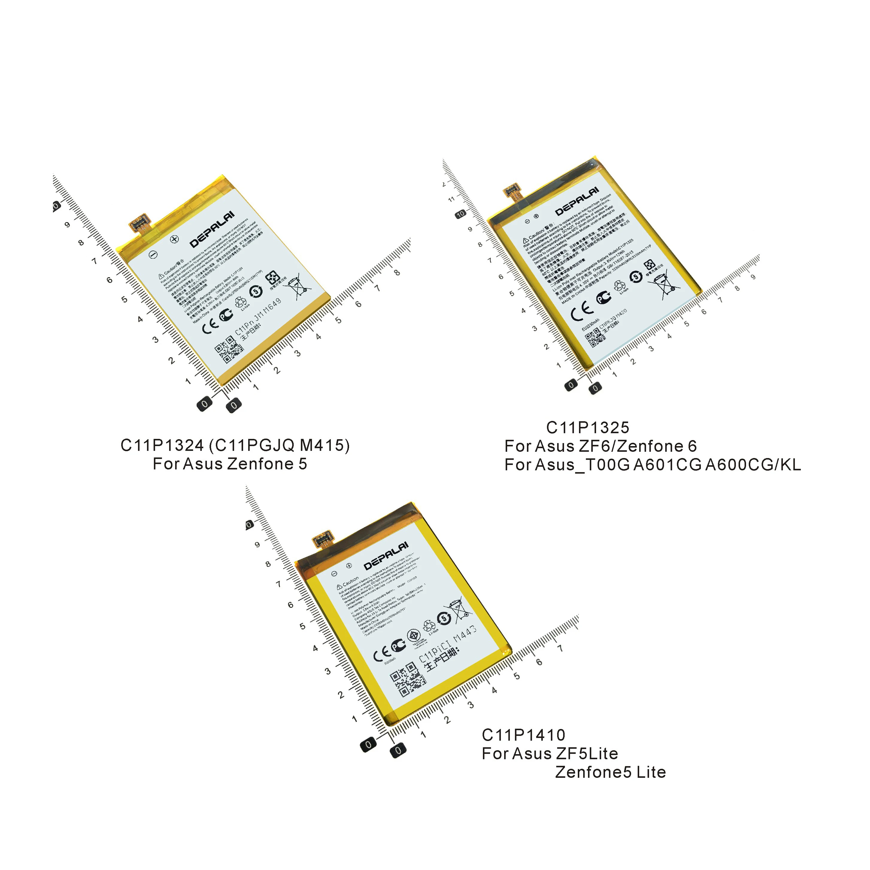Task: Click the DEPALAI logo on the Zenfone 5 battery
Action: click(212, 229)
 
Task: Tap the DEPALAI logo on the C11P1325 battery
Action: click(577, 201)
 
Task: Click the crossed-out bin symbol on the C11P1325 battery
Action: click(664, 284)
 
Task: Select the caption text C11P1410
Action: click(523, 735)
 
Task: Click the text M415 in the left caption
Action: click(324, 445)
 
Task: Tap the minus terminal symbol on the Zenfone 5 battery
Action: click(153, 255)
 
